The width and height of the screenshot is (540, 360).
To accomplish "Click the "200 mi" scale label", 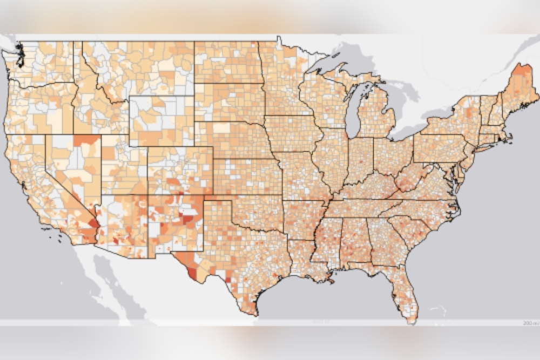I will (x=530, y=322).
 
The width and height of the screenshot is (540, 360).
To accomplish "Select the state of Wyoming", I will (x=161, y=121).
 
